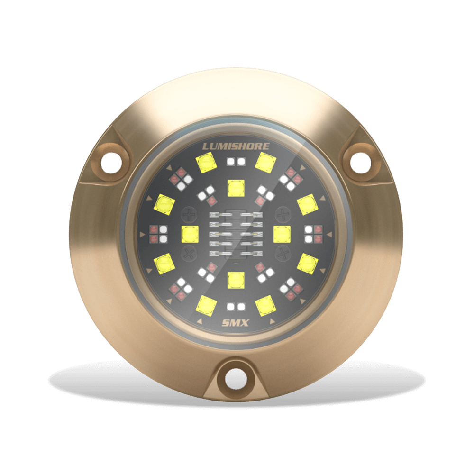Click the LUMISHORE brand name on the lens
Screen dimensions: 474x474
click(x=236, y=146)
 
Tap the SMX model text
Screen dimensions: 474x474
click(x=236, y=324)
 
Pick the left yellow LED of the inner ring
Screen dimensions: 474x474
click(x=189, y=234)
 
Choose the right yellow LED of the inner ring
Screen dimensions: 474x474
click(x=282, y=234)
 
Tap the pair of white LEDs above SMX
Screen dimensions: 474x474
click(x=236, y=306)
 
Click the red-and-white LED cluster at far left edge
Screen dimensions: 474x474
click(x=158, y=233)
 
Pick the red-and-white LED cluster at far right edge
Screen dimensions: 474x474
click(x=313, y=233)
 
